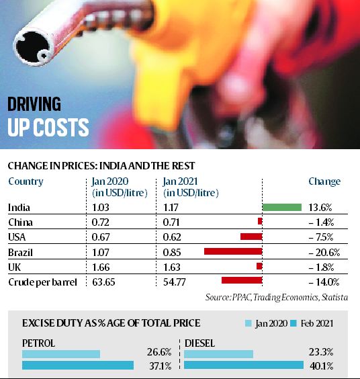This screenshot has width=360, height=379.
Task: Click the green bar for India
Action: coord(281,207)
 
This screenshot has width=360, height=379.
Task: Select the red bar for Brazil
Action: coord(232,251)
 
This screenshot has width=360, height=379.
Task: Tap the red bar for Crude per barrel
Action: coord(241,281)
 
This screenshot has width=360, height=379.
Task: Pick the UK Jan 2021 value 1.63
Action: coord(173,266)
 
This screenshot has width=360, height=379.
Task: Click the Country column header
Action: coord(26,181)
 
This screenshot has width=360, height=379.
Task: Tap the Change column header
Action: coord(324,181)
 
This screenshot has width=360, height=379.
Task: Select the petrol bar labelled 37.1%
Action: coord(78,366)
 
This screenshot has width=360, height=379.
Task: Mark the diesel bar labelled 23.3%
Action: coord(218,353)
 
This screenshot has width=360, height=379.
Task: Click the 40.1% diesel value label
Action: coord(328,366)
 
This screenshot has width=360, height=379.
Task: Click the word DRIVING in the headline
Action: coord(35,104)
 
